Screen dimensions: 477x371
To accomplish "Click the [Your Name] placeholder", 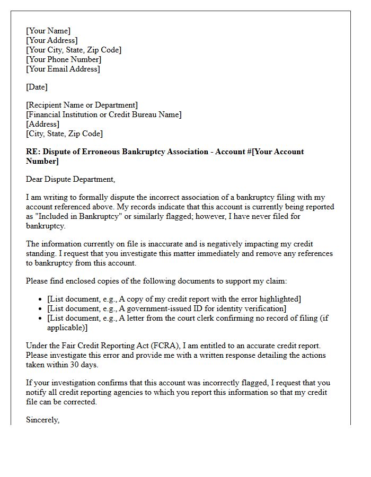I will [x=48, y=31].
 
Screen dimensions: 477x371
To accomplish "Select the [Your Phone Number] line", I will [x=64, y=59].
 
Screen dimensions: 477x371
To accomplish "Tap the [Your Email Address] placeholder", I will [x=63, y=69].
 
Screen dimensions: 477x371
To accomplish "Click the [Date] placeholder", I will [x=37, y=87].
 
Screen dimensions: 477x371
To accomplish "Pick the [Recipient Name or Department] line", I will [x=82, y=105].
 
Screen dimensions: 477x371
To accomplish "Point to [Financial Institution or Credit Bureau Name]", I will [x=103, y=114].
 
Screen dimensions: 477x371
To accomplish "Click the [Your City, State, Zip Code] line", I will [x=74, y=50].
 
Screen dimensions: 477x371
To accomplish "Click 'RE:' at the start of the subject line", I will [x=33, y=152].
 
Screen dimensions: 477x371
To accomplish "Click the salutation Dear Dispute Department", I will [x=70, y=179].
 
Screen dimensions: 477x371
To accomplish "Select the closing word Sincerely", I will [x=42, y=420].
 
